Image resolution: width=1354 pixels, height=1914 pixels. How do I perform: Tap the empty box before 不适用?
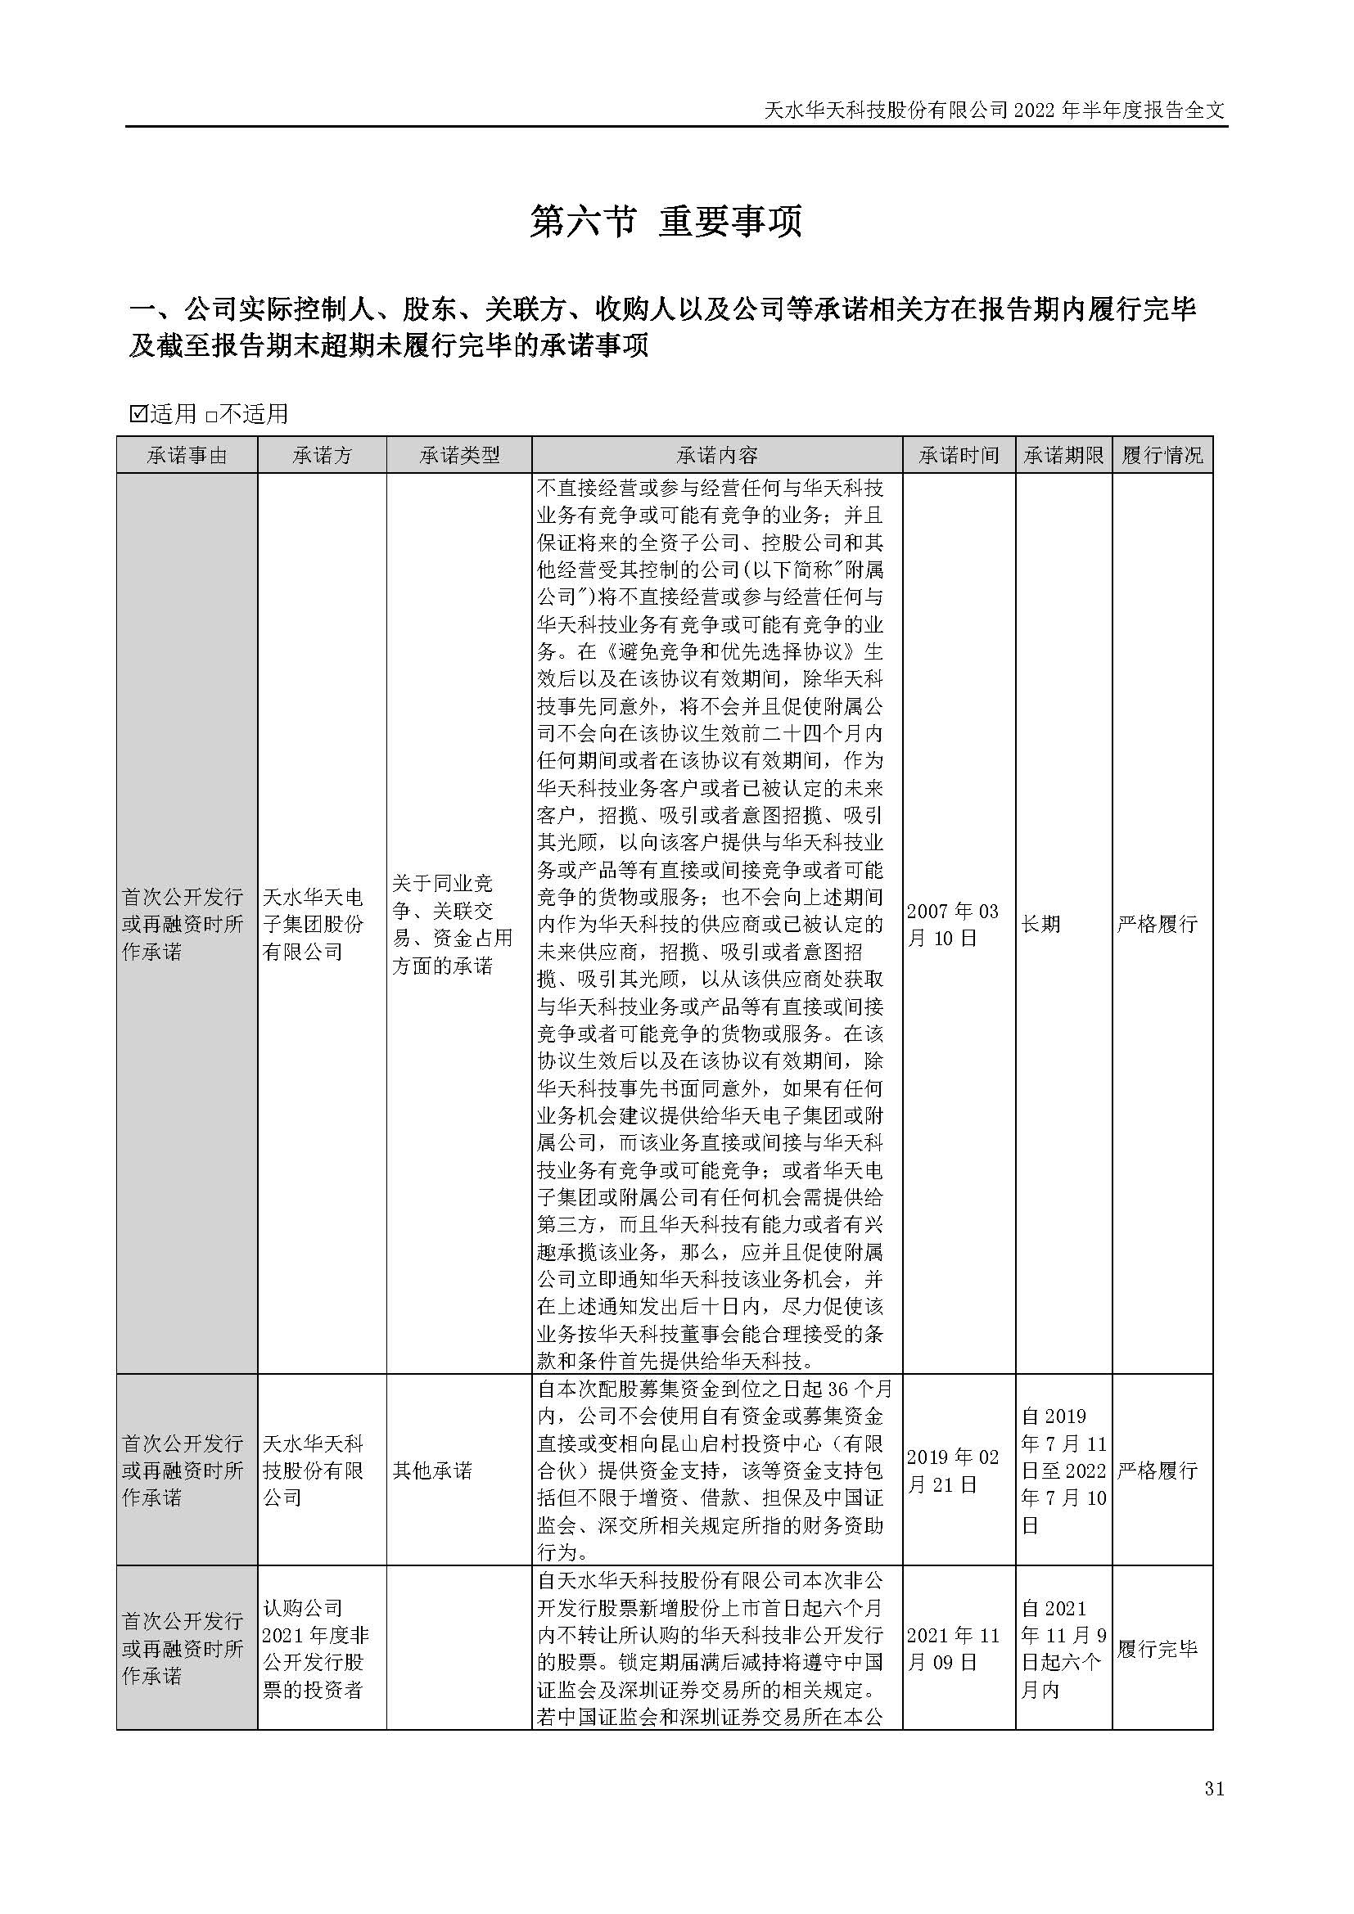(x=211, y=414)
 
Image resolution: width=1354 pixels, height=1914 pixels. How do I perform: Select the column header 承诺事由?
(x=187, y=455)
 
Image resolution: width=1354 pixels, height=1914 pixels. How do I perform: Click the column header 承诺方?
(x=322, y=455)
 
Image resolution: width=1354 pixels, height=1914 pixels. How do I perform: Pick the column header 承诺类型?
(x=458, y=455)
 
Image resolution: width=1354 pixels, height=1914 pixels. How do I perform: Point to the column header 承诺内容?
(x=717, y=455)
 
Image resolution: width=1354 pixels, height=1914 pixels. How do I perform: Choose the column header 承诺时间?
(x=959, y=455)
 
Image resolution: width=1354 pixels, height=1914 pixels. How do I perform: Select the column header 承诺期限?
(x=1063, y=455)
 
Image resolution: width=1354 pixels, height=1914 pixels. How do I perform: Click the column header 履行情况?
(x=1162, y=455)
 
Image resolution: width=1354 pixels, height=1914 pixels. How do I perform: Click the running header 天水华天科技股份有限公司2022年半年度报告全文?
(x=995, y=109)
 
